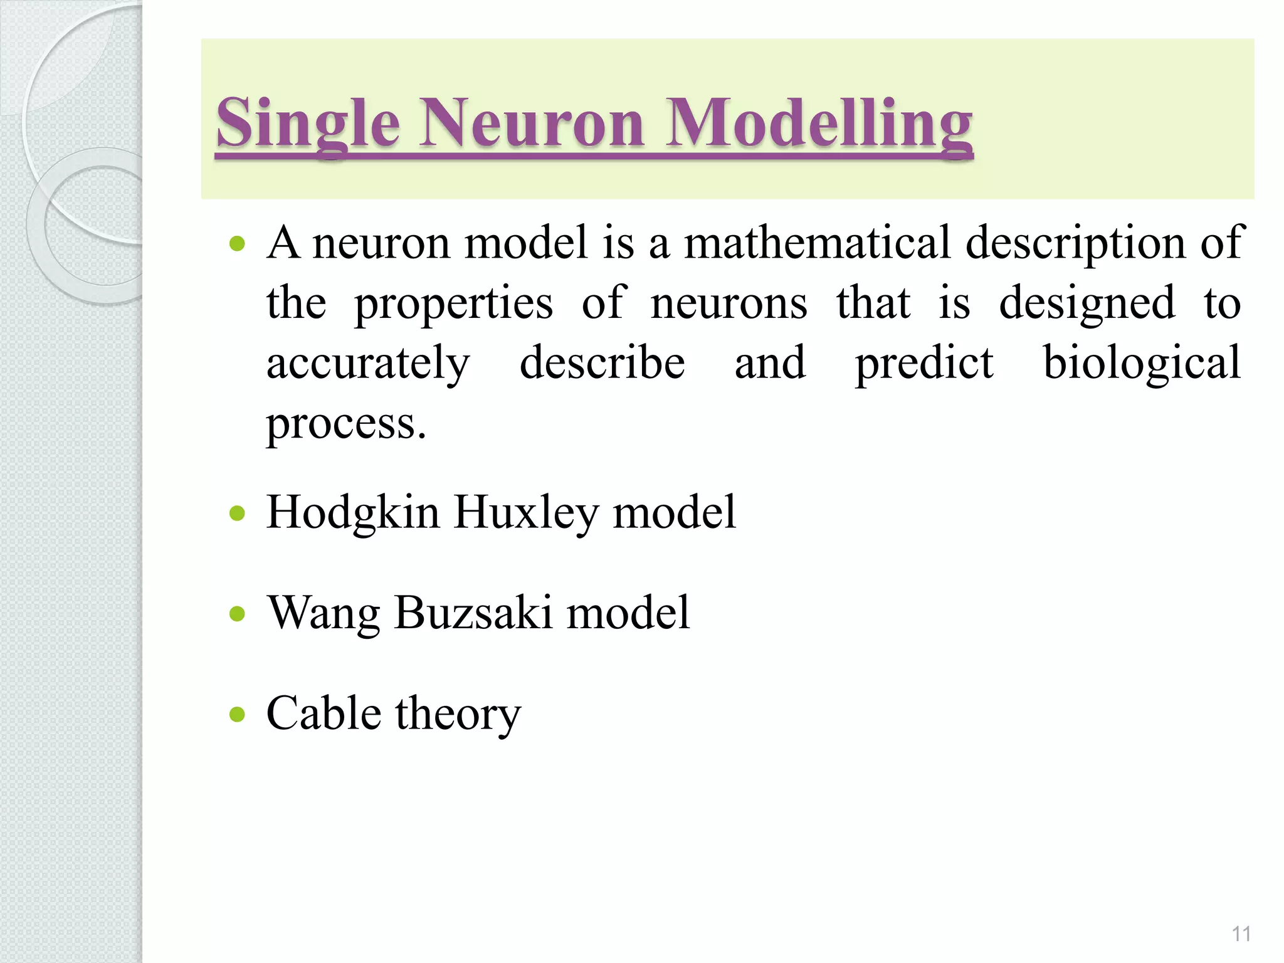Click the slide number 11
(x=1241, y=934)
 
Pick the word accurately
(x=368, y=364)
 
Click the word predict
(x=924, y=364)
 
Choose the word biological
(x=1141, y=364)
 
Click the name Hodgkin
(x=353, y=513)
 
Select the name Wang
(x=324, y=613)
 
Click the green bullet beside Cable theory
(x=237, y=713)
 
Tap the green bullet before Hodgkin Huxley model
(x=237, y=513)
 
